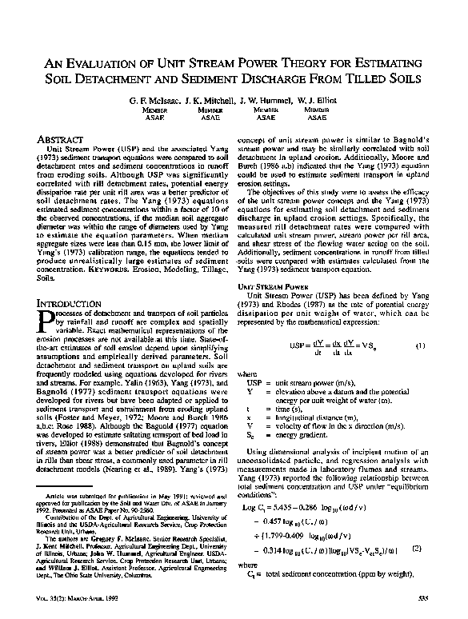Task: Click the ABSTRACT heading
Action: [x=60, y=138]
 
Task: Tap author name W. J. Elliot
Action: [x=318, y=102]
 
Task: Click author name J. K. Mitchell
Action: [x=211, y=102]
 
